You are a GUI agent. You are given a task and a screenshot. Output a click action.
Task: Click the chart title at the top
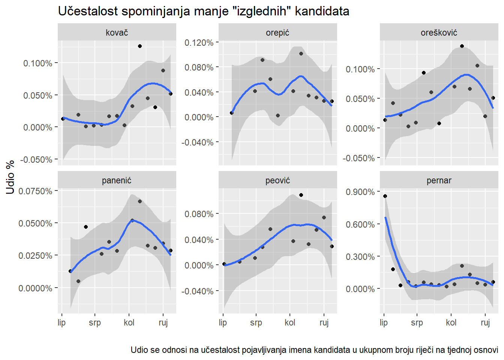tap(204, 11)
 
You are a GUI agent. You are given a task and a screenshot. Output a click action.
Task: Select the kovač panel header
tap(117, 33)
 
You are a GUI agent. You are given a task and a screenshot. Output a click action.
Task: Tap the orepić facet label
tap(277, 33)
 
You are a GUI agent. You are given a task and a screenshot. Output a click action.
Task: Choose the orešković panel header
tap(439, 33)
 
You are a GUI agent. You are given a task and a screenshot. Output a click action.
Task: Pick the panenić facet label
tap(117, 180)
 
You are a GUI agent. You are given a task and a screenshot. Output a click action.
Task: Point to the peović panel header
tap(277, 180)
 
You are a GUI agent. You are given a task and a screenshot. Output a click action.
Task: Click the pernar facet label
tap(439, 180)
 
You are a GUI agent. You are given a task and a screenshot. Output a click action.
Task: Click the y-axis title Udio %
tap(10, 177)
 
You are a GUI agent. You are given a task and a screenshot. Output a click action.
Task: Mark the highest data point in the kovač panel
tap(140, 46)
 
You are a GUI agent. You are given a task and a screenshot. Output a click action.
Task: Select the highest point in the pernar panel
tap(385, 196)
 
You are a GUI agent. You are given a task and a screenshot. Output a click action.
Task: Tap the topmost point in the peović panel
tap(301, 195)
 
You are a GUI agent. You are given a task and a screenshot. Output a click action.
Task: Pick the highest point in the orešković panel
tap(462, 46)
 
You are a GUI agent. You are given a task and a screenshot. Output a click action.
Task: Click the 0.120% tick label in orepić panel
tap(199, 43)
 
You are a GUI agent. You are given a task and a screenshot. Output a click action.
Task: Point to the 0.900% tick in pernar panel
tap(360, 192)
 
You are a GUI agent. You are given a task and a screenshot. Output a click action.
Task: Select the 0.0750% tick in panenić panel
tap(35, 191)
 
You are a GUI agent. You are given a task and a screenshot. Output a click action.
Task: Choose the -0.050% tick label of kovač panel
tap(36, 160)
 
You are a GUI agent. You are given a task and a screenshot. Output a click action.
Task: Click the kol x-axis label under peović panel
tap(290, 322)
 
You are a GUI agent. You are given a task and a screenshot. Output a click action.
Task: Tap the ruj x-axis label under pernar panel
tap(485, 322)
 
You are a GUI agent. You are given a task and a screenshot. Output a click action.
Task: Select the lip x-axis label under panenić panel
tap(62, 322)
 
